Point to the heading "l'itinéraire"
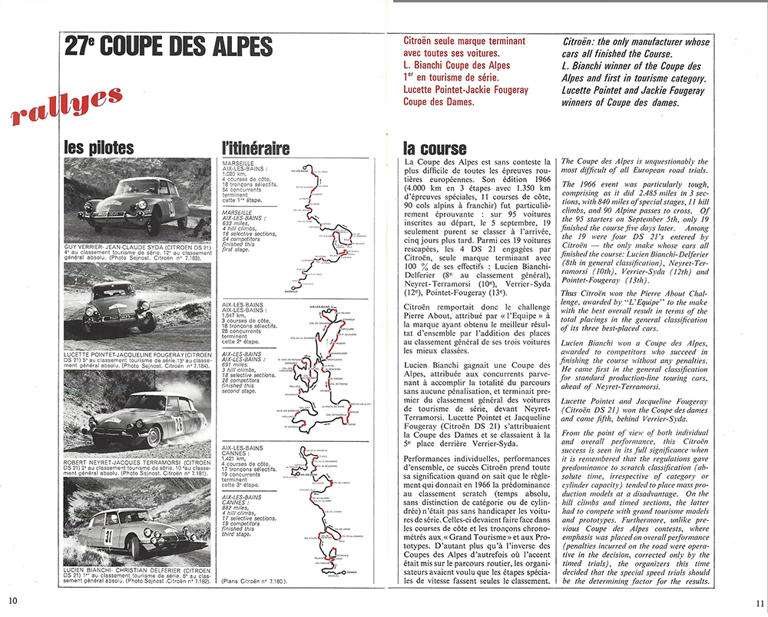click(x=255, y=148)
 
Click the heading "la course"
click(x=435, y=148)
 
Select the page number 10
click(x=13, y=600)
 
